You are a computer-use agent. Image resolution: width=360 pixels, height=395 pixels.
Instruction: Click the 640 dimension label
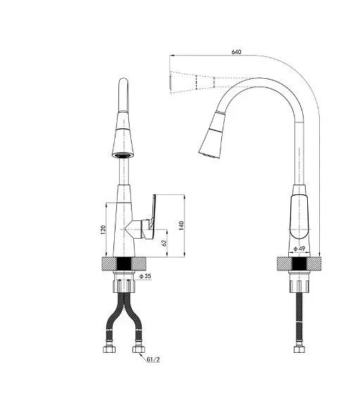236,52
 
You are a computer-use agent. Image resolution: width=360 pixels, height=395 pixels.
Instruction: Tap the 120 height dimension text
103,230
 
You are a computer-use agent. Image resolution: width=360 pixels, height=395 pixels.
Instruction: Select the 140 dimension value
181,225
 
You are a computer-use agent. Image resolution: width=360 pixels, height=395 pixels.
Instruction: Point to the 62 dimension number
164,243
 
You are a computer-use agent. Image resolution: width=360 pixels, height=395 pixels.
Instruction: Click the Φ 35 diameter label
145,276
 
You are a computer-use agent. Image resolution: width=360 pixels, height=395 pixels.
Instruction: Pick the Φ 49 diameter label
299,249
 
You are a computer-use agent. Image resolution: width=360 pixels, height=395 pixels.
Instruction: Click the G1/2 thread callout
154,360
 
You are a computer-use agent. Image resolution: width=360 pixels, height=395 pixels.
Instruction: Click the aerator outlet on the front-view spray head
123,155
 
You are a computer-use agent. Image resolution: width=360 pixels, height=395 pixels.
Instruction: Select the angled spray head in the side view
212,136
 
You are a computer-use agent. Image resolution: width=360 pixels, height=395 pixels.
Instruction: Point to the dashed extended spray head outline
192,82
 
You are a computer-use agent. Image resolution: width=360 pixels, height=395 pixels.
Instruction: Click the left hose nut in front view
110,349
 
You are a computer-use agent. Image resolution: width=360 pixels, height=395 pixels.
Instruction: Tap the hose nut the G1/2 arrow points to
139,349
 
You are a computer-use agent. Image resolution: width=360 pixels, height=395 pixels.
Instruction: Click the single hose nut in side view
299,349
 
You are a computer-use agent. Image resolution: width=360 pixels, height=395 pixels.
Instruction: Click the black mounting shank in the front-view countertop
124,264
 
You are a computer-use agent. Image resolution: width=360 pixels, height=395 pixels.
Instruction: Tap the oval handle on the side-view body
299,217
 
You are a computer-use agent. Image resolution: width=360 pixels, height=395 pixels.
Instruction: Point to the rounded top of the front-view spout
123,82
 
